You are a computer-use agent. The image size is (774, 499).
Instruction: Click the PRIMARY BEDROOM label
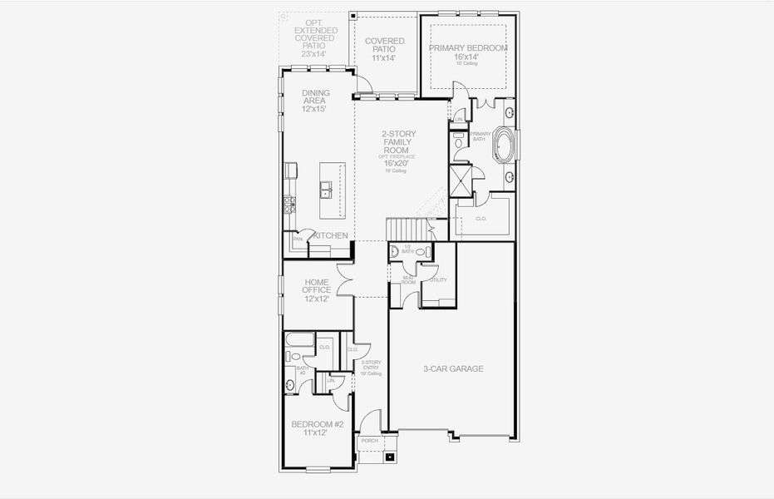pos(467,48)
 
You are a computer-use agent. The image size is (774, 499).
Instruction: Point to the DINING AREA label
pos(314,96)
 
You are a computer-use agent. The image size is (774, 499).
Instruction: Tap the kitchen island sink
pos(328,194)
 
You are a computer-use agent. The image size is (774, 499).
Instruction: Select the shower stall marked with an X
pos(461,179)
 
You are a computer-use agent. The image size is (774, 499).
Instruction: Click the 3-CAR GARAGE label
pos(453,368)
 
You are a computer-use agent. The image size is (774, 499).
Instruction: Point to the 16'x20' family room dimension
pos(396,164)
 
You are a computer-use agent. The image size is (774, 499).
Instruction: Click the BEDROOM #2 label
pos(317,424)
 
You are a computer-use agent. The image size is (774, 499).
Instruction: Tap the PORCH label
pos(369,441)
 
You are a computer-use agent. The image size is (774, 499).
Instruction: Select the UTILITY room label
pos(438,280)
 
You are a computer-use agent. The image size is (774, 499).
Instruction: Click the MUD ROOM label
pos(408,280)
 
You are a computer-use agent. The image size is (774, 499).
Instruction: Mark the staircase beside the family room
pos(407,229)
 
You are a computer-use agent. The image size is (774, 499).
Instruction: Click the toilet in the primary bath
pos(458,142)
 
